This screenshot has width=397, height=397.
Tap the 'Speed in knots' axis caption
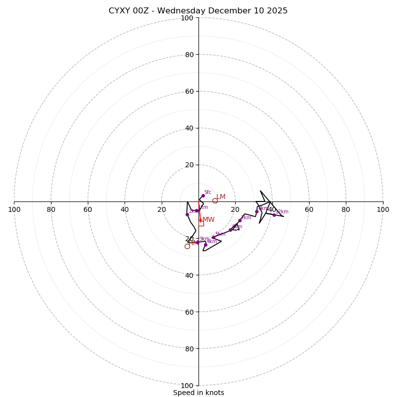[198, 393]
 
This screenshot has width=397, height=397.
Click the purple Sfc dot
[203, 196]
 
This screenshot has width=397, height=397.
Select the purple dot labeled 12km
[274, 215]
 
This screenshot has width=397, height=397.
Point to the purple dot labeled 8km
[257, 211]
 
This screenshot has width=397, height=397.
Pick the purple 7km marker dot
[240, 220]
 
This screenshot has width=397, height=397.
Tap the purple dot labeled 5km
[213, 237]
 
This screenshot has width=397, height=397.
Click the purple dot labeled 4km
[205, 245]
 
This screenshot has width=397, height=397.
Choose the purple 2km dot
[187, 214]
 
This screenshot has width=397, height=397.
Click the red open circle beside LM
[215, 200]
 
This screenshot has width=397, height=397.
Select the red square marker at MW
[201, 223]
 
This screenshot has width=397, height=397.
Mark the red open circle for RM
[187, 246]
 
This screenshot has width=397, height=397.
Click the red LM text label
[221, 197]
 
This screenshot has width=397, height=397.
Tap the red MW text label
[208, 220]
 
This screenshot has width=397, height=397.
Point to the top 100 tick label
[187, 18]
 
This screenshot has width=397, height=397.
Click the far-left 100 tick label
[14, 209]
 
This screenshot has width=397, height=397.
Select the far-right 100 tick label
[383, 209]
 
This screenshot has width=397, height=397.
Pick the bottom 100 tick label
[187, 386]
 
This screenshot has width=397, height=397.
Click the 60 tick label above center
[189, 92]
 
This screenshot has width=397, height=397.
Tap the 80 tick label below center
[189, 349]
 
